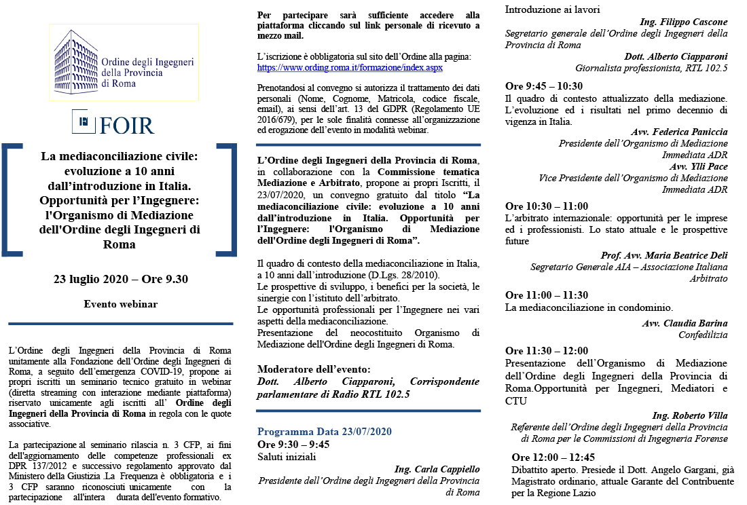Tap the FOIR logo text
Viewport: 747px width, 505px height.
tap(127, 126)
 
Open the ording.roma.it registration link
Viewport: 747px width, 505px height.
tap(350, 68)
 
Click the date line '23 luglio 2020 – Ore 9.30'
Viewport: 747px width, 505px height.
tap(121, 279)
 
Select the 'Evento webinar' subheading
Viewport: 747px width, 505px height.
tap(121, 303)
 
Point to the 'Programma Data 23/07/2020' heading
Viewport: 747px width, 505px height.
tap(324, 432)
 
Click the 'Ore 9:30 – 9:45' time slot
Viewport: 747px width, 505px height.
tap(293, 444)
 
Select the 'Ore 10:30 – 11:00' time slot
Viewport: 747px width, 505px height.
tap(547, 206)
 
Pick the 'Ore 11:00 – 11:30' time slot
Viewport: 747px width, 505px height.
tap(547, 295)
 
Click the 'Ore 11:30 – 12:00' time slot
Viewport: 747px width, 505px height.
tap(547, 351)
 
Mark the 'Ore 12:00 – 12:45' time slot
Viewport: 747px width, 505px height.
tap(553, 457)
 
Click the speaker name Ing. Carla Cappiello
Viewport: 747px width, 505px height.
tap(437, 469)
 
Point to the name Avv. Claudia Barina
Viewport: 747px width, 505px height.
tap(685, 323)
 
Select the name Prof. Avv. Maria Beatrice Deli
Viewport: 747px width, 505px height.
tap(664, 255)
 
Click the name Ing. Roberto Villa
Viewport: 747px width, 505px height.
tap(690, 415)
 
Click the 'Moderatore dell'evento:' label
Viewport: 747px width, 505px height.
tap(314, 369)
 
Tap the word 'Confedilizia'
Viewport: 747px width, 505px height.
tap(703, 335)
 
